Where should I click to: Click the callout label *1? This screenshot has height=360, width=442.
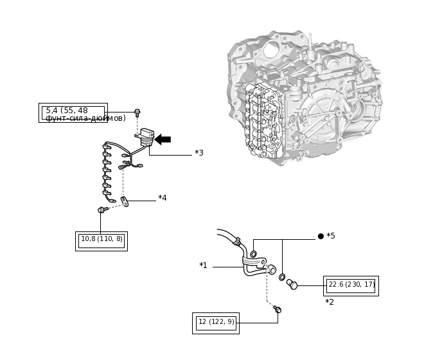coord(203,265)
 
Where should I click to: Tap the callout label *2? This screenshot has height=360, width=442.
coord(330,302)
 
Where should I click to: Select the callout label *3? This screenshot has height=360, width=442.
coord(199,153)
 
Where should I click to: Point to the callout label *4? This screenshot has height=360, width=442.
coord(163,198)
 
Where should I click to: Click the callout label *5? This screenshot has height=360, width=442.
coord(331,236)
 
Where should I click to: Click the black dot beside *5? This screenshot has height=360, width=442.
coord(321,236)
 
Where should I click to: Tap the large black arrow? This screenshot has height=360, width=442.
coord(163,139)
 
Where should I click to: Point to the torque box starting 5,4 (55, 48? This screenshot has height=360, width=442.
coord(73,113)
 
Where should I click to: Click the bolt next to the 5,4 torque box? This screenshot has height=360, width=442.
coord(137,113)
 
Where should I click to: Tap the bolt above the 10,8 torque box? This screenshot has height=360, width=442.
coord(101,210)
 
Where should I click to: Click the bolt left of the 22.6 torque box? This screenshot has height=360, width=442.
coord(292,284)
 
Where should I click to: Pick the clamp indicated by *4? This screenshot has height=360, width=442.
coord(125,201)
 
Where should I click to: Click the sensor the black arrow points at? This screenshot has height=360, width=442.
coord(147,136)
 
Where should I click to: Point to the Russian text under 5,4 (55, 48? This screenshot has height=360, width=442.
coord(85,119)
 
